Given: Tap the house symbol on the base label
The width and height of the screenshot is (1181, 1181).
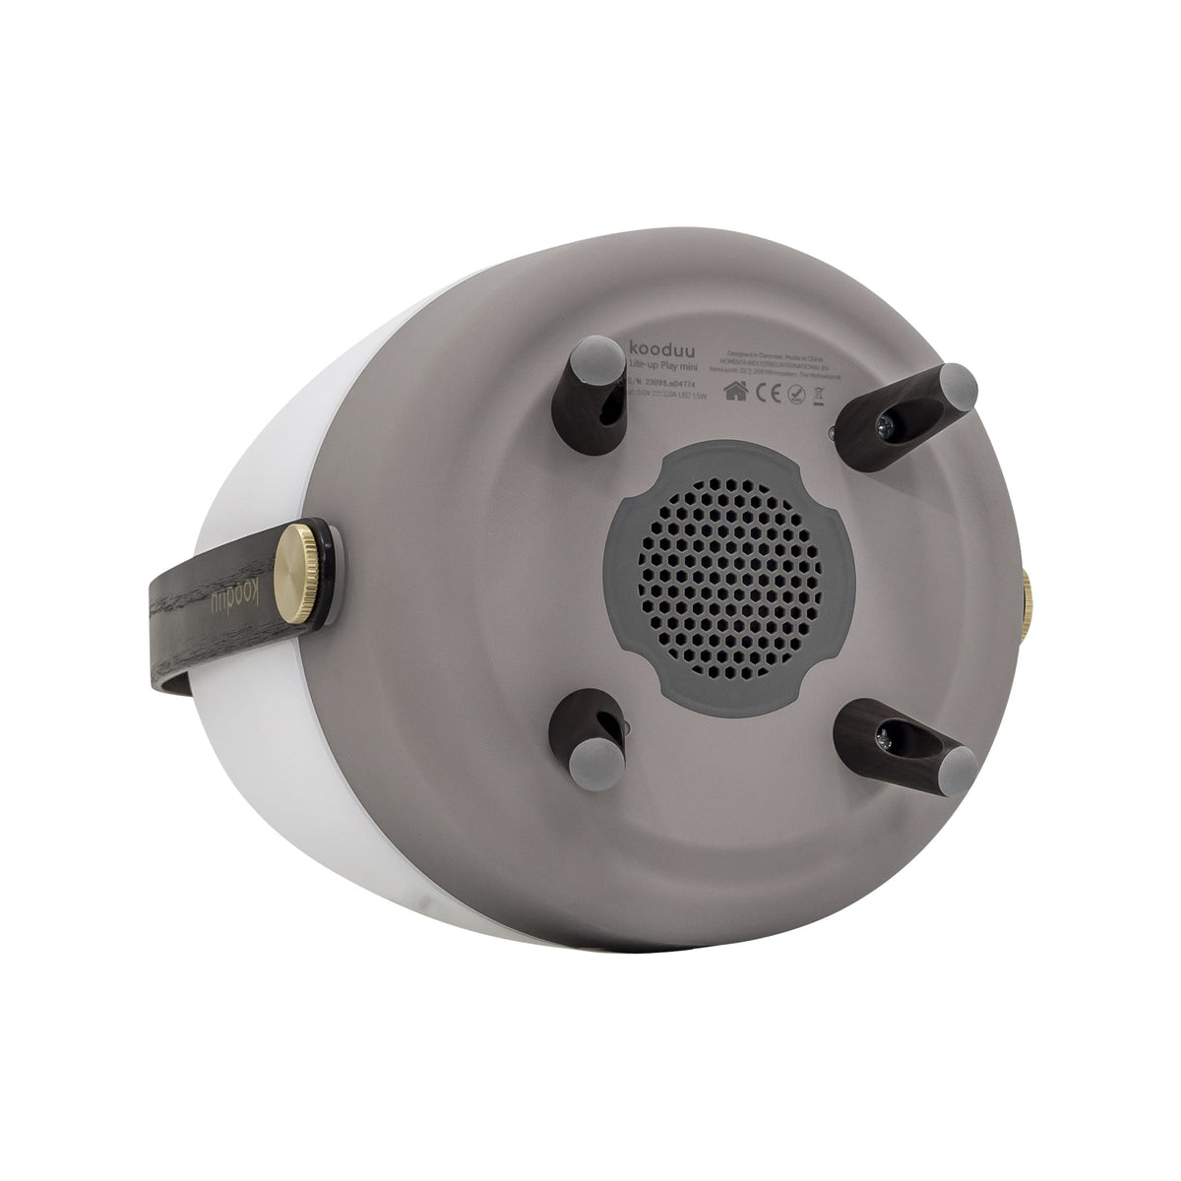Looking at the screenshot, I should pos(732,391).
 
